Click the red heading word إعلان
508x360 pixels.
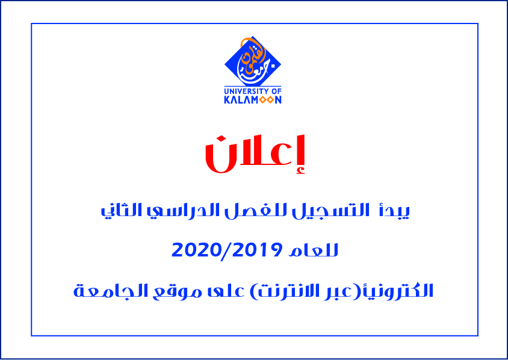pos(255,154)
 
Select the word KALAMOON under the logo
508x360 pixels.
pos(253,100)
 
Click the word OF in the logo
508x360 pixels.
pos(276,92)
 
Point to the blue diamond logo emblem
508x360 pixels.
pos(253,61)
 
